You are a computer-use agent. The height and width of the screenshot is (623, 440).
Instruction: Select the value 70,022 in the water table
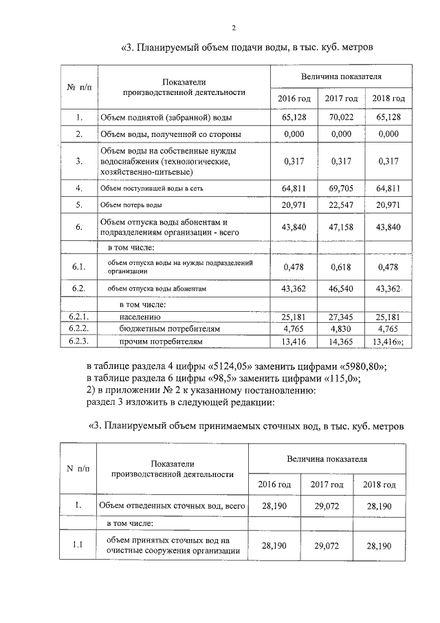341,118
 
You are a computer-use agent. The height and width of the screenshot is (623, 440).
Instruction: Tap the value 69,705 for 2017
341,187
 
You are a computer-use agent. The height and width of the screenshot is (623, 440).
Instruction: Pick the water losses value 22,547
341,205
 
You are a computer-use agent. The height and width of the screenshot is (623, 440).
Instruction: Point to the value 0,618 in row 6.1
341,267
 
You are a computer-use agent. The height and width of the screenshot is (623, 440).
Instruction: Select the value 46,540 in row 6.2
341,289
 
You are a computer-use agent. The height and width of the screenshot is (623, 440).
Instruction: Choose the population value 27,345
341,317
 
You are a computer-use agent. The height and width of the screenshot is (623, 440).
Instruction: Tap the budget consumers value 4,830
341,329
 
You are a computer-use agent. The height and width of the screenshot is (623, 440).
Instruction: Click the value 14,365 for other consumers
341,341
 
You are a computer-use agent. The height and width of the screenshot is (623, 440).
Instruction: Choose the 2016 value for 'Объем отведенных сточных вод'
274,507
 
